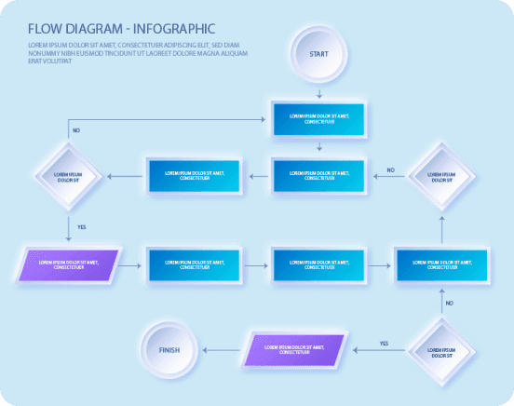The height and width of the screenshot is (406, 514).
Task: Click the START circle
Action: pyautogui.click(x=318, y=54)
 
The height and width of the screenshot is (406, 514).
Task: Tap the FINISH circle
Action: pyautogui.click(x=169, y=350)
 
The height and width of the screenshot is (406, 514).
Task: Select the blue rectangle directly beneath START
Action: pyautogui.click(x=319, y=118)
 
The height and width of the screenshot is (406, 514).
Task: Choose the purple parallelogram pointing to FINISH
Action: pyautogui.click(x=294, y=350)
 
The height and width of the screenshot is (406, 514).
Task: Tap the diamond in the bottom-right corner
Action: pyautogui.click(x=441, y=351)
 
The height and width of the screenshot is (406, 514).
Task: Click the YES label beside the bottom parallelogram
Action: pyautogui.click(x=383, y=343)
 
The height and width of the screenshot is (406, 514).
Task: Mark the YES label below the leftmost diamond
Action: pyautogui.click(x=82, y=226)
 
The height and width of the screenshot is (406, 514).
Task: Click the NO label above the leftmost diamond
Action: pyautogui.click(x=75, y=130)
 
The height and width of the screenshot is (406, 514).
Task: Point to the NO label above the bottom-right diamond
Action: pyautogui.click(x=449, y=303)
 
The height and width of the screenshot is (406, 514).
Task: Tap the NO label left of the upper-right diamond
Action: pyautogui.click(x=390, y=169)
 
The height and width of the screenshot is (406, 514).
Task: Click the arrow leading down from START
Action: pyautogui.click(x=319, y=92)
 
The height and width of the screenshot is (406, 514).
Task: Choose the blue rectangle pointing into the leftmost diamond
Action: pyautogui.click(x=195, y=175)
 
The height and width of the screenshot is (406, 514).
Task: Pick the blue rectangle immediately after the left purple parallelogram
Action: pyautogui.click(x=195, y=264)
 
